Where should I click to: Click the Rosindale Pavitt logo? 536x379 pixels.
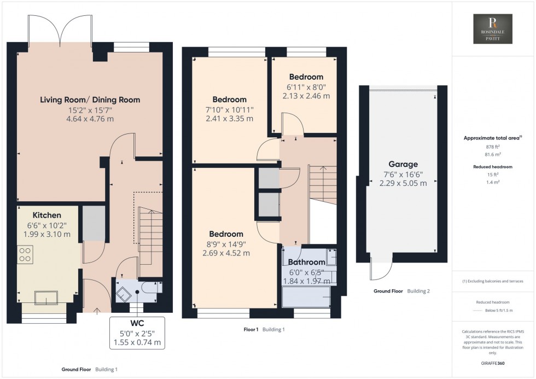pyautogui.click(x=492, y=29)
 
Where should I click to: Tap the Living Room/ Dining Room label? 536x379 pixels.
pyautogui.click(x=90, y=100)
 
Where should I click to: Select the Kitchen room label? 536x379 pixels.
pyautogui.click(x=46, y=215)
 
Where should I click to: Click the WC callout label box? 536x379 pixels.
pyautogui.click(x=137, y=331)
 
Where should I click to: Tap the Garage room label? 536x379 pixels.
pyautogui.click(x=403, y=164)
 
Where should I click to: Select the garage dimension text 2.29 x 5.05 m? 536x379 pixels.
pyautogui.click(x=403, y=184)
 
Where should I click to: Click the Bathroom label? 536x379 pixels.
pyautogui.click(x=306, y=262)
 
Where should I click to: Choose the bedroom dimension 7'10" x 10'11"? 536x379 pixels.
pyautogui.click(x=229, y=109)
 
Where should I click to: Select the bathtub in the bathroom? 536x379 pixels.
pyautogui.click(x=306, y=299)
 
